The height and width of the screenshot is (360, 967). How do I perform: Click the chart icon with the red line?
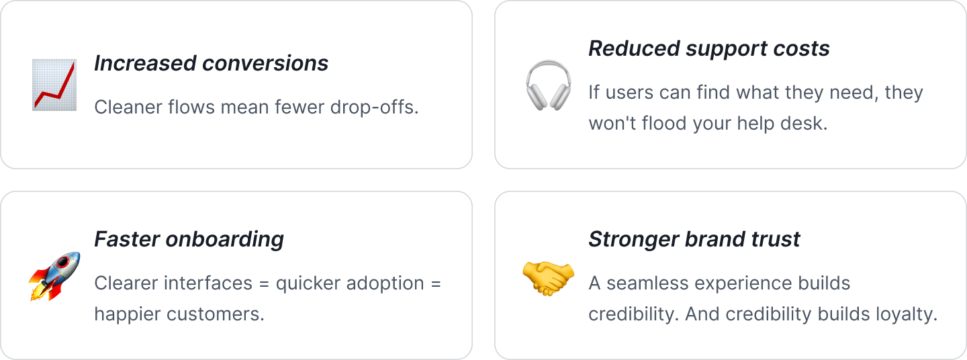[x=54, y=85]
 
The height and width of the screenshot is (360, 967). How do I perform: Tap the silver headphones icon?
[x=548, y=85]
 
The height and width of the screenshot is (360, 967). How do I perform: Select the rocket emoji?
[x=55, y=276]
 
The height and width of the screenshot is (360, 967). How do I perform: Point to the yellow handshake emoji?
[x=548, y=278]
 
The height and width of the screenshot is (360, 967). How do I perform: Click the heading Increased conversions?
[x=211, y=63]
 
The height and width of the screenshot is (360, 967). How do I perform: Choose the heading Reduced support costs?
[x=709, y=48]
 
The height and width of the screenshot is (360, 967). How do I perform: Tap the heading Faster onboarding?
[x=189, y=240]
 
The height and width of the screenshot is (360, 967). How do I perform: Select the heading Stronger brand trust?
[x=694, y=239]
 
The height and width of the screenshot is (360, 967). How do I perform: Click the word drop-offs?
[x=374, y=107]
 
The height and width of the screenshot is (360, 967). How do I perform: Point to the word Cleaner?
[x=128, y=107]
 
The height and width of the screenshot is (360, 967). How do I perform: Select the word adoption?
[x=385, y=283]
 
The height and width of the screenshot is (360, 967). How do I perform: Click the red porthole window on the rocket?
[x=63, y=262]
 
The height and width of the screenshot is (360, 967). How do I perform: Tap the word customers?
[x=216, y=314]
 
